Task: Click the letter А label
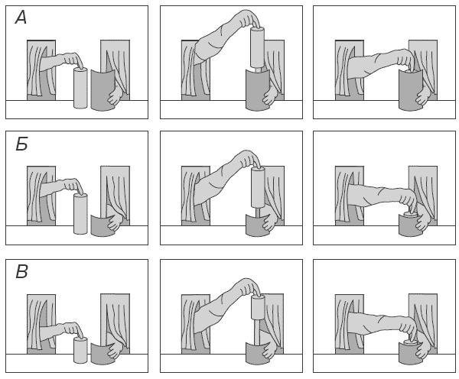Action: point(21,18)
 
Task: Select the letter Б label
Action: point(21,144)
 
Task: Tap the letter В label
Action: point(21,272)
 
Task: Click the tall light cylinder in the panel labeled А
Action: point(80,88)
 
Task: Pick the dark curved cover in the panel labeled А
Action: point(103,90)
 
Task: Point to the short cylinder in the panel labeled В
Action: point(80,350)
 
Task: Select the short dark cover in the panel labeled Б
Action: point(102,225)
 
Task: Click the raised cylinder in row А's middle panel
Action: point(258,47)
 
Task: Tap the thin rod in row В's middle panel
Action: point(257,333)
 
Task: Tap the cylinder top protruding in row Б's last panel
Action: point(410,215)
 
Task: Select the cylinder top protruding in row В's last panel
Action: point(410,342)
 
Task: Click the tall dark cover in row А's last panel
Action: point(410,91)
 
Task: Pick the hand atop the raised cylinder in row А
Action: point(248,19)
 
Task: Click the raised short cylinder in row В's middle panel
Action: point(258,308)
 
